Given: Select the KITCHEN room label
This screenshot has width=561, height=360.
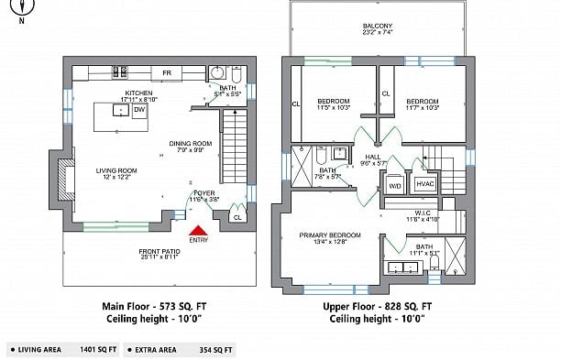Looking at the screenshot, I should [x=139, y=93].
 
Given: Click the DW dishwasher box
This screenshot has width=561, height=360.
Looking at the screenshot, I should [x=139, y=111].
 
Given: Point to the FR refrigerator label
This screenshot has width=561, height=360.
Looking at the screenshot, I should [x=167, y=72].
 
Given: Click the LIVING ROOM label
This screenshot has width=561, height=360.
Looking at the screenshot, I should [x=116, y=170].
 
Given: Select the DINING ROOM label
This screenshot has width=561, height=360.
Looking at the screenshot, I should [x=191, y=143].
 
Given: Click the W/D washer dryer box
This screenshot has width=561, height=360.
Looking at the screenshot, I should [x=395, y=186].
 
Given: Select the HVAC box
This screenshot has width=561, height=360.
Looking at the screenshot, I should [x=424, y=184].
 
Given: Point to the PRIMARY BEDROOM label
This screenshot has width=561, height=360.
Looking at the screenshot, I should [x=329, y=235].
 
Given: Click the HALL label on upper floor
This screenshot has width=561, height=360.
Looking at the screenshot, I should [x=372, y=157].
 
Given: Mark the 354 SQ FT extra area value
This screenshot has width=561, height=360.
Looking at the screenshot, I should [x=215, y=349].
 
